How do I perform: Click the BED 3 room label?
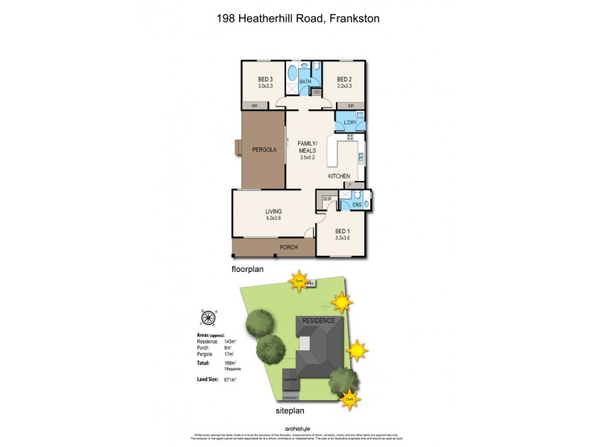click(265, 80)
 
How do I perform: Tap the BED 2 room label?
click(343, 80)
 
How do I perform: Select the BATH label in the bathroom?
click(305, 82)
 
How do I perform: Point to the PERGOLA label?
click(263, 149)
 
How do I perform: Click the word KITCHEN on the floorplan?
click(339, 176)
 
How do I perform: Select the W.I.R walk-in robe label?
click(327, 200)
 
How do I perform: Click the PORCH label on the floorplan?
click(288, 247)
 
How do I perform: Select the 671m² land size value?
click(229, 379)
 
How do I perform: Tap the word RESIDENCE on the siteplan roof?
click(322, 321)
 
